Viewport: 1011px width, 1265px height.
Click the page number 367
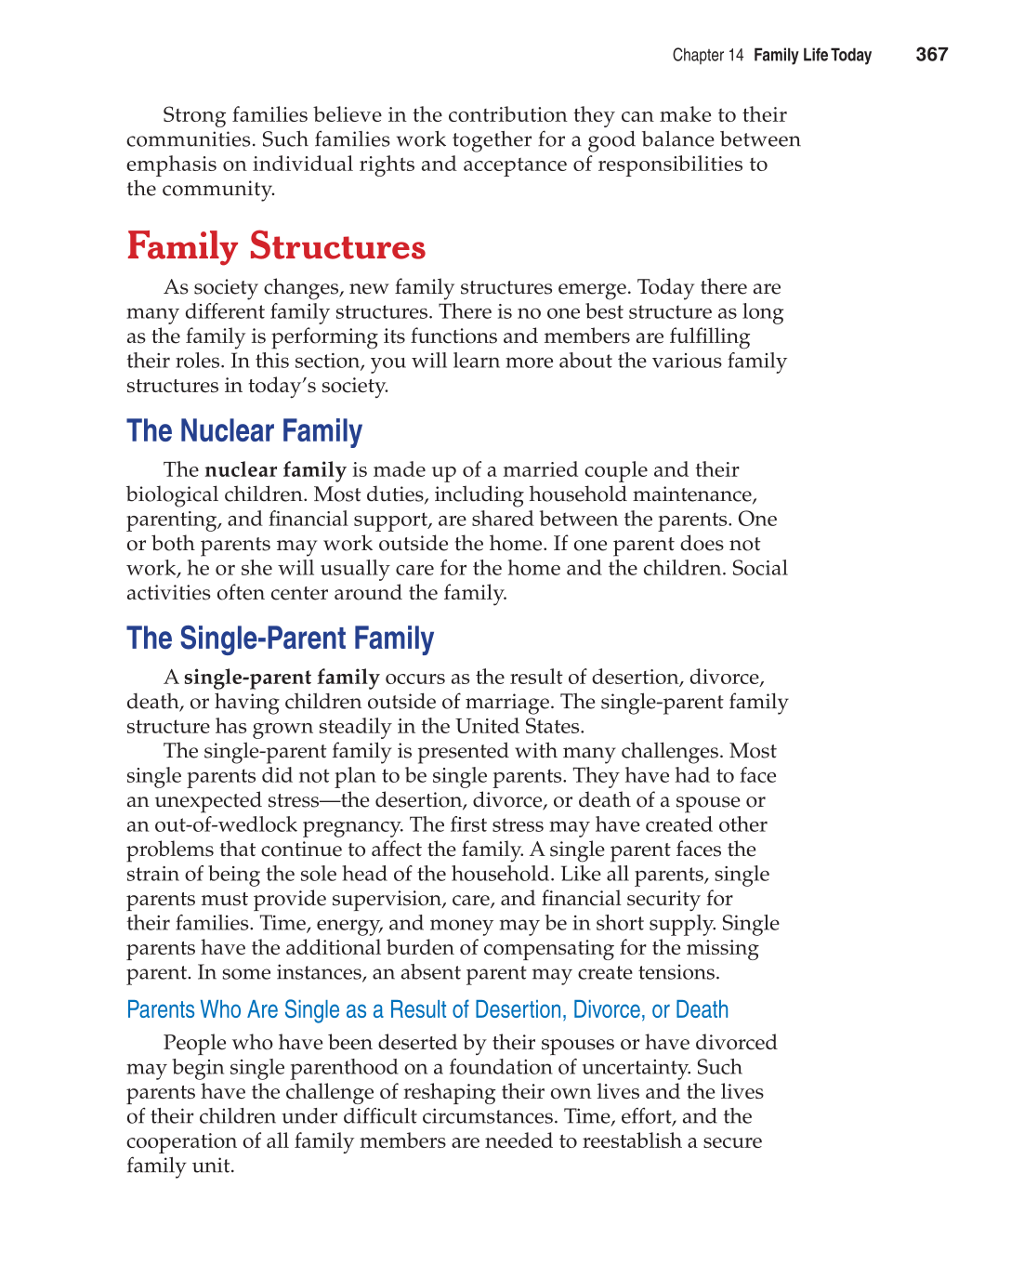coord(931,55)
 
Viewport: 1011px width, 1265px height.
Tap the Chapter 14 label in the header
coord(707,56)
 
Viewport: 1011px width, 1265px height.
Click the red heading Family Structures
coord(276,247)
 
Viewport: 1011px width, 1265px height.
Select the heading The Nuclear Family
coord(244,431)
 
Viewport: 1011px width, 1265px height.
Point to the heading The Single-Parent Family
coord(280,639)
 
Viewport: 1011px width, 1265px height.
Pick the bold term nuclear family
coord(275,470)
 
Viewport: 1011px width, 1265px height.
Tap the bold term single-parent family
coord(282,678)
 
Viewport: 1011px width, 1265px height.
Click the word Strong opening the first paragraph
coord(193,115)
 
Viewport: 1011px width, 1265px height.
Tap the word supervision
coord(387,899)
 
